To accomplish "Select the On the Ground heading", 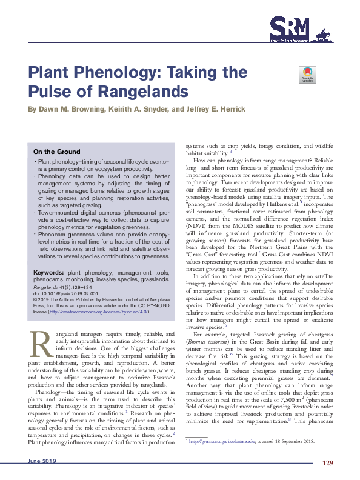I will tap(56, 152).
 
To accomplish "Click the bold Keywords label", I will tap(48, 273).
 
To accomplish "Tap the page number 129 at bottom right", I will tap(328, 462).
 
